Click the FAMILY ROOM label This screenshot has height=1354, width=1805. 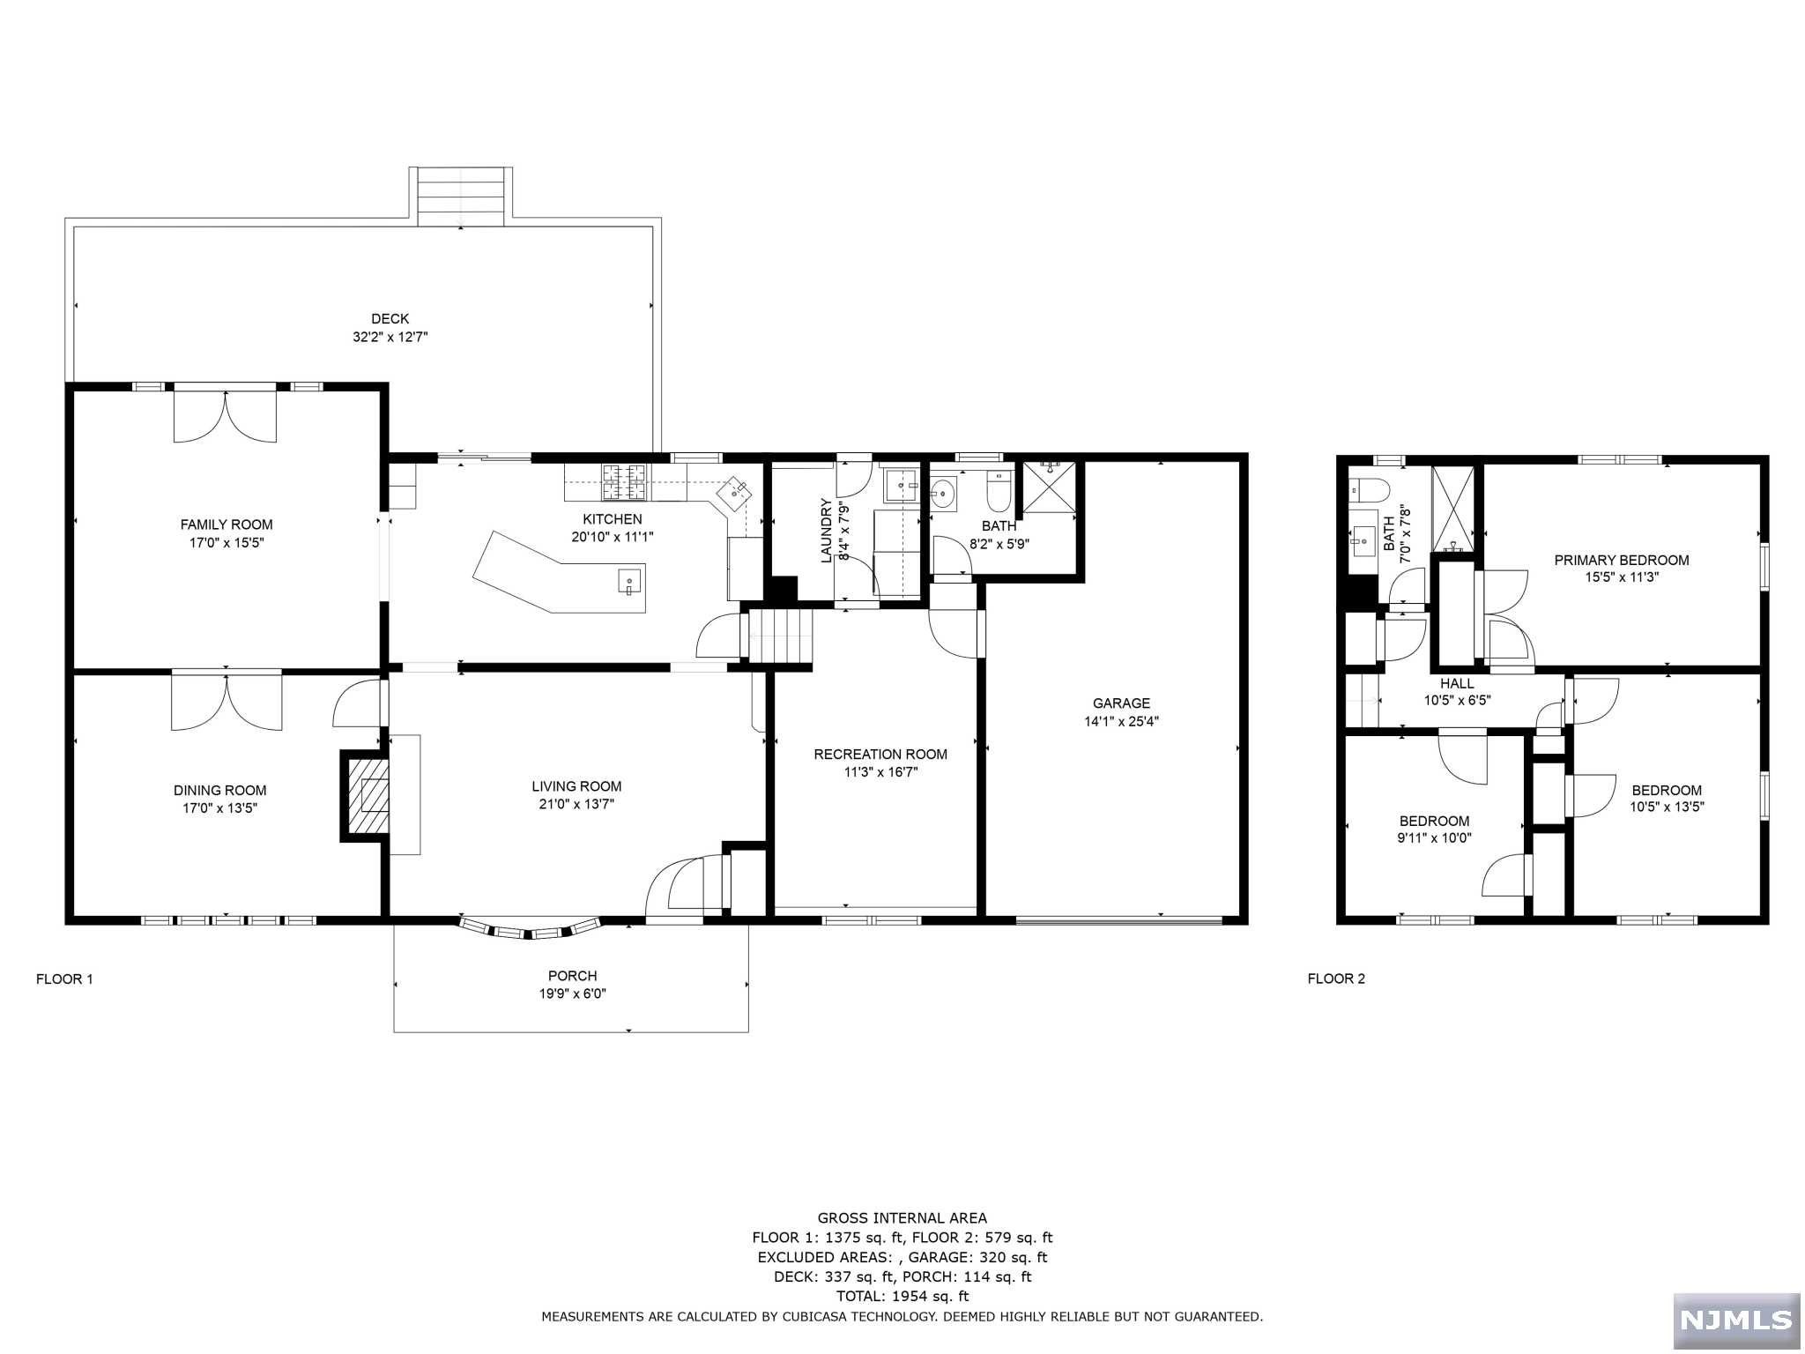(x=227, y=524)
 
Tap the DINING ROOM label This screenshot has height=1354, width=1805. (x=219, y=791)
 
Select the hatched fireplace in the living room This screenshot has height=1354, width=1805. (x=366, y=796)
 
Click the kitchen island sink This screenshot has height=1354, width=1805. (x=629, y=583)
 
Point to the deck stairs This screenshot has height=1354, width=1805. (x=461, y=197)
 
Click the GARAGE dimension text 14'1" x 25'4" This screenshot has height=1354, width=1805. (x=1121, y=721)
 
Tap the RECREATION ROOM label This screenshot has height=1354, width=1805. (x=880, y=755)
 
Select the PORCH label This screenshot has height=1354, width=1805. (x=573, y=976)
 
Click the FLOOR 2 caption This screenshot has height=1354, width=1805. (x=1336, y=978)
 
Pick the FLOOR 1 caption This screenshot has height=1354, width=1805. (x=64, y=978)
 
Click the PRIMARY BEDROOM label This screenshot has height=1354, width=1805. (x=1622, y=560)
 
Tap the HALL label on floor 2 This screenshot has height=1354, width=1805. (x=1457, y=683)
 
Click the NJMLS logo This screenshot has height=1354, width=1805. (x=1736, y=1320)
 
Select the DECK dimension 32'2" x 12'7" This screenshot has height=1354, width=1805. (x=390, y=337)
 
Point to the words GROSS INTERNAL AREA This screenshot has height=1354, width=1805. (x=902, y=1218)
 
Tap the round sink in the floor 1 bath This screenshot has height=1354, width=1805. (x=944, y=495)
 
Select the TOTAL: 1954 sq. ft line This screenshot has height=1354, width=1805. (x=902, y=1296)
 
